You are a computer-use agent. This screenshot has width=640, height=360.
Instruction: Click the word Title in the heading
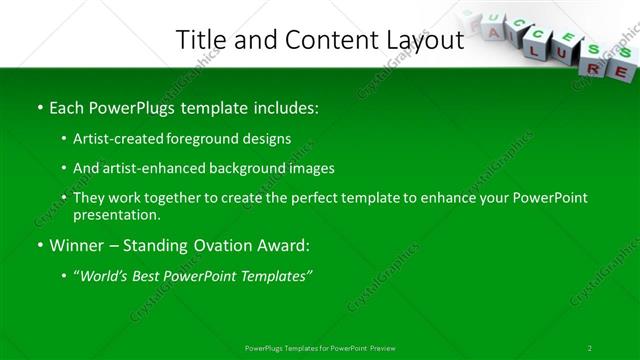(198, 40)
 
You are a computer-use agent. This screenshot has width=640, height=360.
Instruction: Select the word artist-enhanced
(154, 169)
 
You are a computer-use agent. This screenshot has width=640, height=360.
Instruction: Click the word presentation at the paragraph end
(114, 214)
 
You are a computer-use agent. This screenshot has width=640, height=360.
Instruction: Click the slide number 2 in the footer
(590, 348)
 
